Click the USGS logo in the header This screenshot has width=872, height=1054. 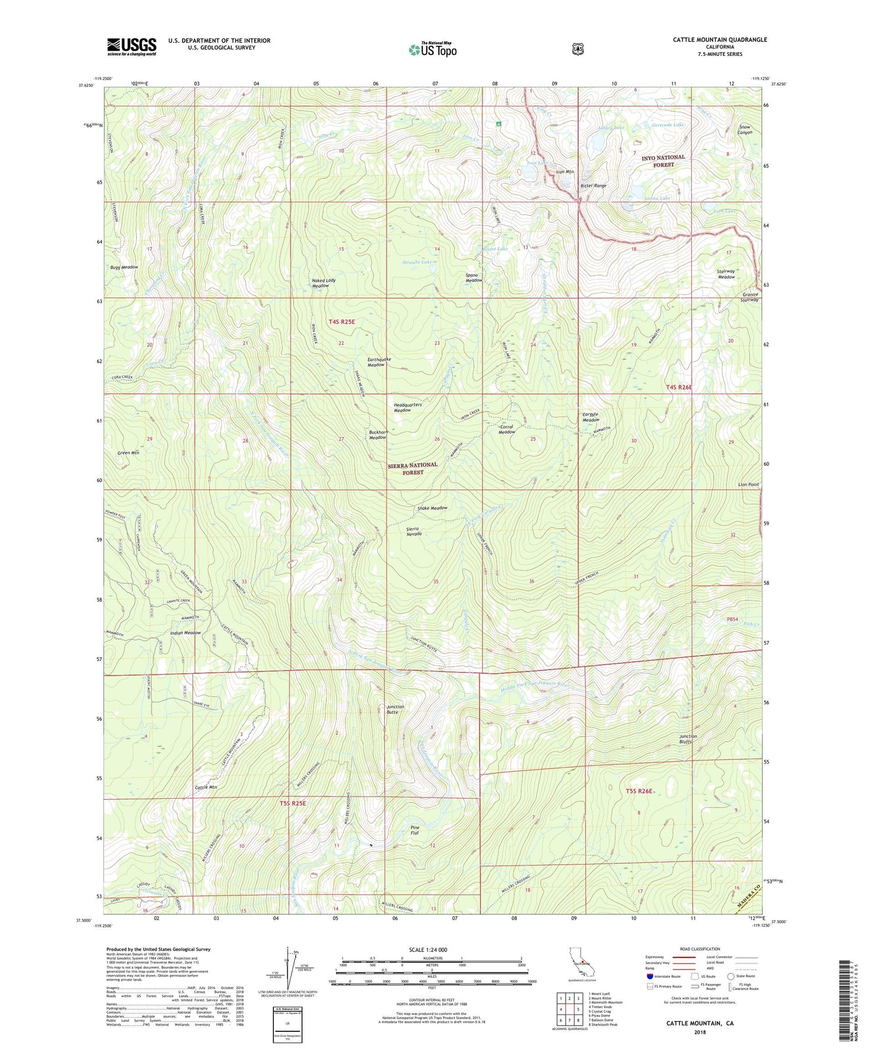[131, 47]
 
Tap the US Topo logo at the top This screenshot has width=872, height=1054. [433, 49]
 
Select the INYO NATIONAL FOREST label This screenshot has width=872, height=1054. [663, 161]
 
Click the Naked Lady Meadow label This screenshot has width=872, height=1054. [324, 283]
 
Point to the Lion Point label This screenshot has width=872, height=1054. [748, 484]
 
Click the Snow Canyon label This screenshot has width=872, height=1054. [745, 130]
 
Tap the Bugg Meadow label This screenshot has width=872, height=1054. [124, 267]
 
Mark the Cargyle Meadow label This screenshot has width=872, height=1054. [591, 417]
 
